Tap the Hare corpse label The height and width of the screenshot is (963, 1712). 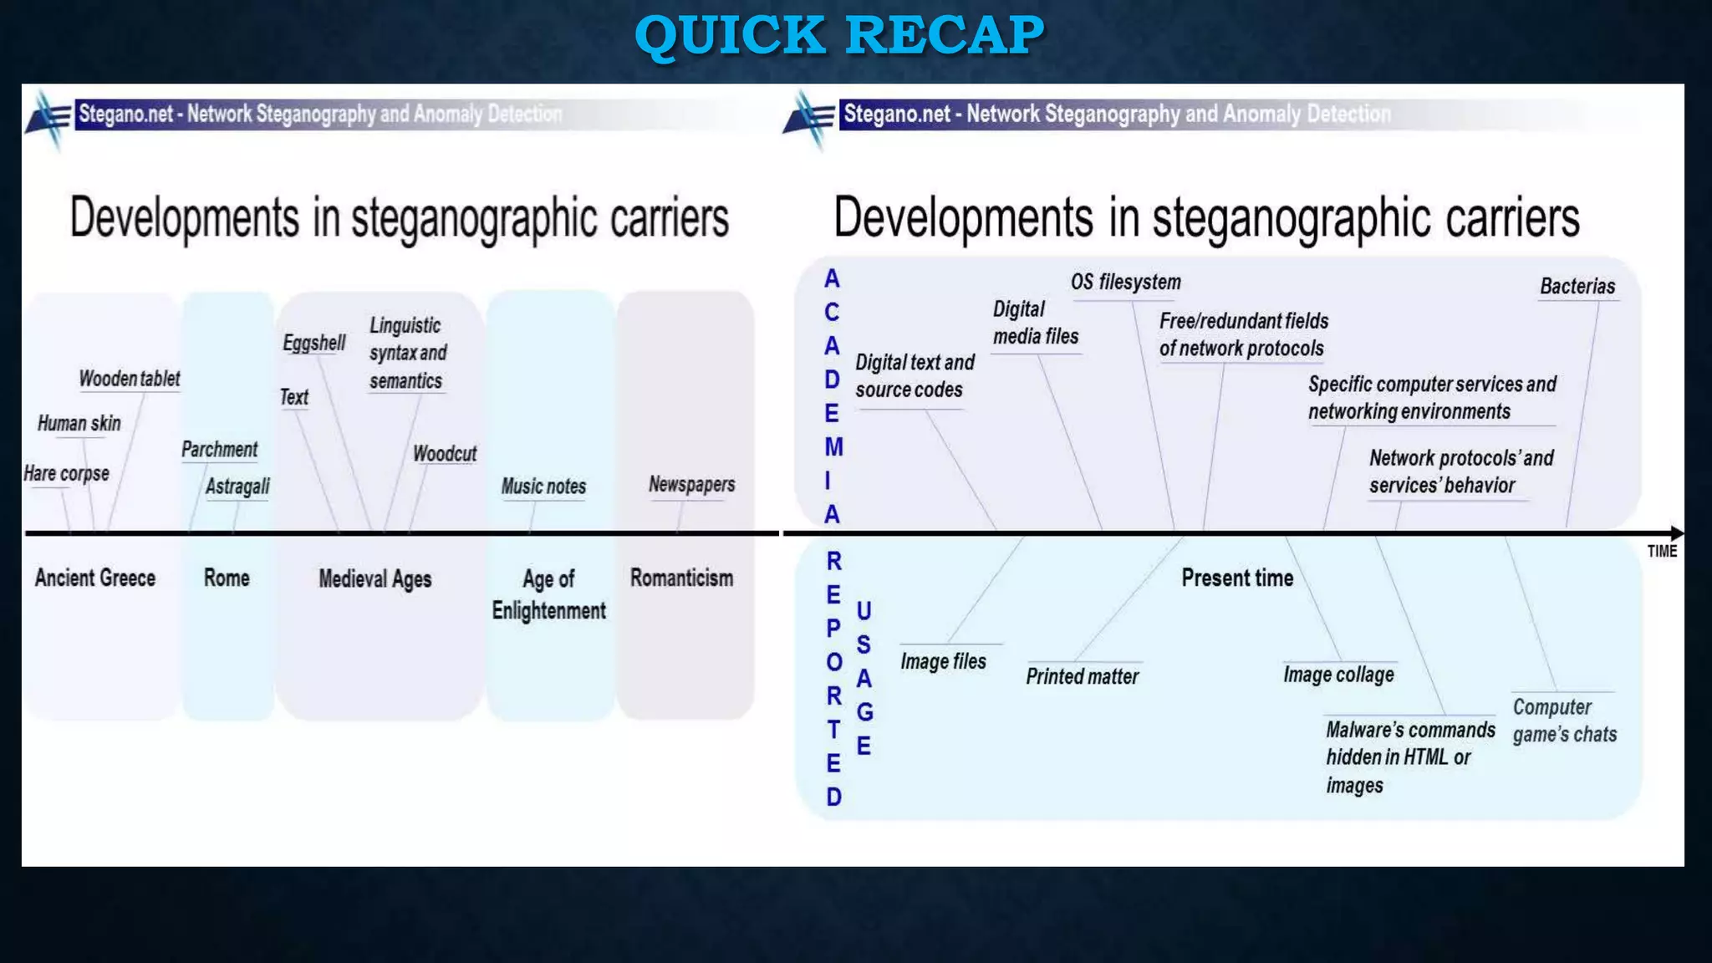[66, 473]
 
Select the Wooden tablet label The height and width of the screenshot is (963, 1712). [130, 379]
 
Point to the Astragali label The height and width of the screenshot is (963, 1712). [237, 486]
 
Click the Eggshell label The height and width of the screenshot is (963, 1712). [313, 343]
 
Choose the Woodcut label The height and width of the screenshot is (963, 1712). [445, 454]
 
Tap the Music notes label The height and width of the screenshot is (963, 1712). [543, 486]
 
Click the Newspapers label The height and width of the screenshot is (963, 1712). [691, 484]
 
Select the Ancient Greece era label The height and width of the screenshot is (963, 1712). [95, 578]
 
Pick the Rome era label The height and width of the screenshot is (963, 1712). [227, 578]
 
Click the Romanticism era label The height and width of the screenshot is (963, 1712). [681, 578]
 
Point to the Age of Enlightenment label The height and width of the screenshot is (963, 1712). [548, 594]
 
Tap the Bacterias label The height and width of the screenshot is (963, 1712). [1577, 286]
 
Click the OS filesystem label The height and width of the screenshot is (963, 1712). [1125, 282]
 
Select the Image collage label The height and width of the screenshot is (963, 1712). [1338, 675]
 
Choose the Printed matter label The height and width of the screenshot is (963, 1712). [1082, 676]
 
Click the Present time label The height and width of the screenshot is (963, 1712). [1237, 578]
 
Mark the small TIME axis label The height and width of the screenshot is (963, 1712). [1662, 551]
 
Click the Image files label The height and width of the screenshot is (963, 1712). [943, 661]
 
